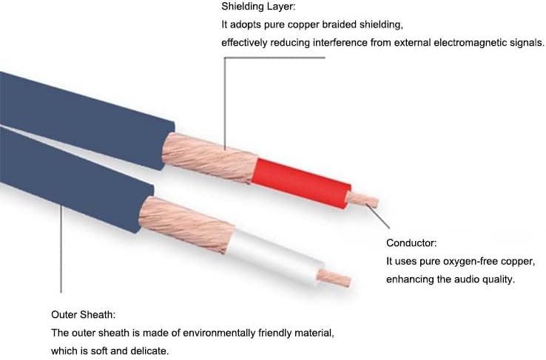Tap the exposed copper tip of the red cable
pos(363,200)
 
